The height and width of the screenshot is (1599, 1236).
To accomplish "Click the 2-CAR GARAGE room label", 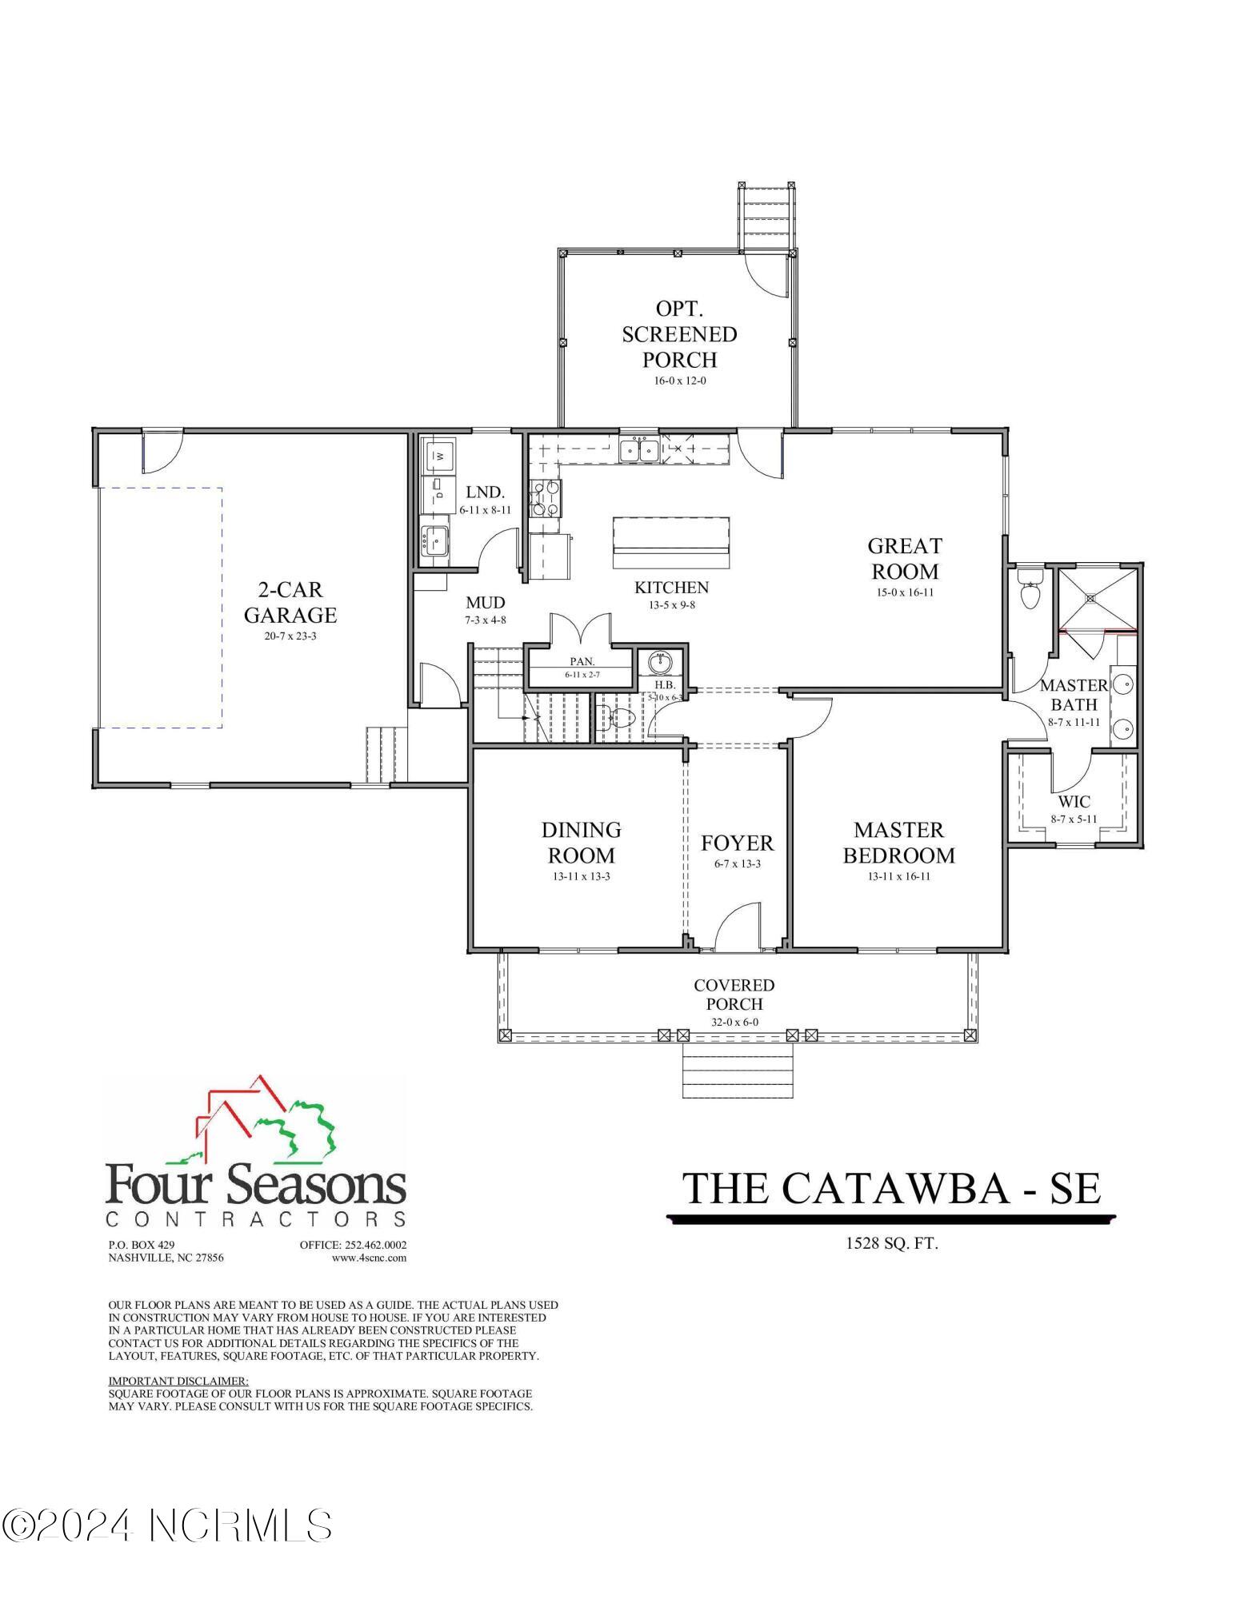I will tap(290, 602).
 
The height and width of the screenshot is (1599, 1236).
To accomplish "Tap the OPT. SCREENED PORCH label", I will tap(679, 333).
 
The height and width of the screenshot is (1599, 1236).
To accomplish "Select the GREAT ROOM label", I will tap(905, 558).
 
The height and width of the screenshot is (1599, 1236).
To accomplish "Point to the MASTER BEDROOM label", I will tap(898, 842).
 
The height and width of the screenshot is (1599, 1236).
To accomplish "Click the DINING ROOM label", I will tap(581, 842).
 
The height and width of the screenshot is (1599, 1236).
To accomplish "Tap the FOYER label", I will tap(737, 843).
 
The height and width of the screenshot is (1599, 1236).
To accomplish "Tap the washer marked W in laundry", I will tap(438, 456).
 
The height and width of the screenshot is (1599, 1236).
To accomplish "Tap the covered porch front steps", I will tap(737, 1071).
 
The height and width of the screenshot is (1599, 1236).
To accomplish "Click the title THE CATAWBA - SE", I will tap(891, 1189).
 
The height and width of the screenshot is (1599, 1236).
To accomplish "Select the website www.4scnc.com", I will tap(369, 1258).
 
